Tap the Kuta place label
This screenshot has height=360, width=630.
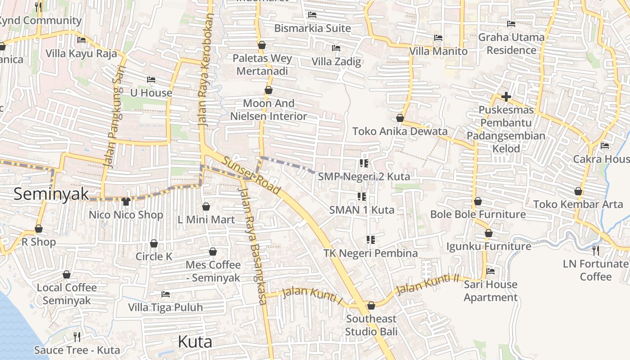pyautogui.click(x=195, y=342)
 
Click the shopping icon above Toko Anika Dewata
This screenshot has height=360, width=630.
pyautogui.click(x=400, y=118)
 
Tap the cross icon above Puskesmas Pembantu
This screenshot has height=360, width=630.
pyautogui.click(x=506, y=97)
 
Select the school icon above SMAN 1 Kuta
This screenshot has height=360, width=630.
pyautogui.click(x=362, y=197)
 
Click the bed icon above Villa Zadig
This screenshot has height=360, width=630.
pyautogui.click(x=336, y=48)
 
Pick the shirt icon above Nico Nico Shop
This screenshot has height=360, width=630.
pyautogui.click(x=126, y=202)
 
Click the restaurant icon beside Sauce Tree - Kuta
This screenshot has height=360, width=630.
pyautogui.click(x=77, y=337)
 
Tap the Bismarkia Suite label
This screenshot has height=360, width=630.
pyautogui.click(x=312, y=28)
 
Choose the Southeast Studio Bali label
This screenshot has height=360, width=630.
pyautogui.click(x=371, y=325)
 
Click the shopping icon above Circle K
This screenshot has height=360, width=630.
pyautogui.click(x=154, y=243)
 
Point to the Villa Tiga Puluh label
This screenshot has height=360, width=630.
pyautogui.click(x=166, y=307)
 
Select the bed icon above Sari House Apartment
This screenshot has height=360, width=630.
pyautogui.click(x=490, y=271)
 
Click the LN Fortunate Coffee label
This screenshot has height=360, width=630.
pyautogui.click(x=595, y=270)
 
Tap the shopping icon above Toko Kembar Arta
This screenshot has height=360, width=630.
pyautogui.click(x=578, y=192)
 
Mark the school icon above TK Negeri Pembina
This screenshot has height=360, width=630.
pyautogui.click(x=371, y=240)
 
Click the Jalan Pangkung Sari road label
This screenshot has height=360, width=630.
pyautogui.click(x=114, y=121)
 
